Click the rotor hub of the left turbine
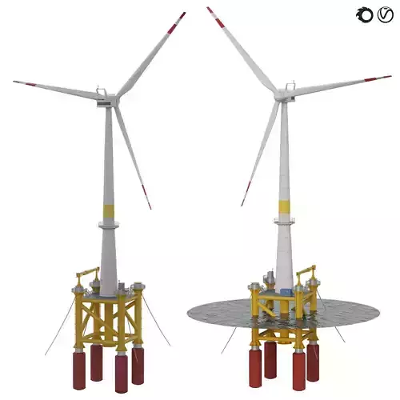pos(114,99)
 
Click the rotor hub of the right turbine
pos(281,94)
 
